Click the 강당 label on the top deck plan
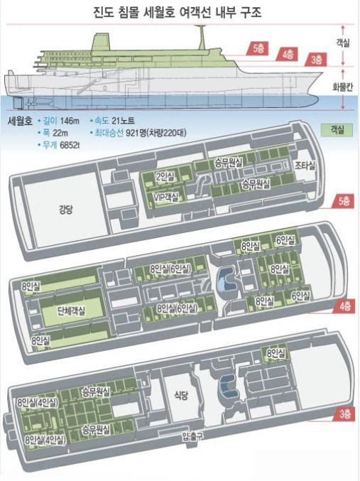point(65,210)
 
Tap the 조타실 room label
point(305,166)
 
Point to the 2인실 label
point(165,176)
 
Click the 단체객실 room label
point(71,311)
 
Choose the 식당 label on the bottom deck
point(181,395)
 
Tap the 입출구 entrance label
point(192,436)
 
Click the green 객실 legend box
point(337,130)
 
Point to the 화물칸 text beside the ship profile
point(343,87)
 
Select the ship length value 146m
point(70,121)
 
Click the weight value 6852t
point(70,145)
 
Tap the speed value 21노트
point(124,121)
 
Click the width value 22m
point(60,133)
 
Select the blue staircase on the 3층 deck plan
point(229,387)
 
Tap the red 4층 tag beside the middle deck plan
point(344,306)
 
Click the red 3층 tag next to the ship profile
point(316,59)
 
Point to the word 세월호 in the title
point(159,13)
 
